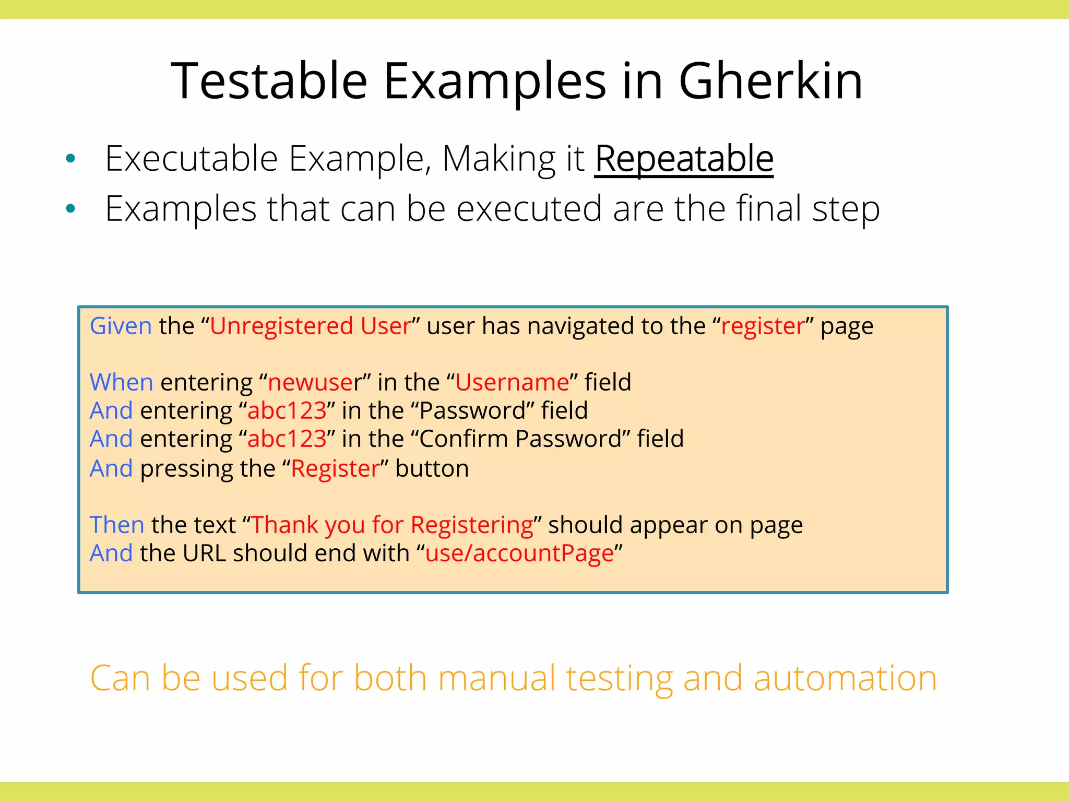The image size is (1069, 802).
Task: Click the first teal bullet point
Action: pyautogui.click(x=71, y=159)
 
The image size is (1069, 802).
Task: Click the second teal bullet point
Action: pyautogui.click(x=71, y=209)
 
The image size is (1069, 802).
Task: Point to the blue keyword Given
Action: pyautogui.click(x=121, y=326)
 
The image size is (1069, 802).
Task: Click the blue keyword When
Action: pyautogui.click(x=121, y=382)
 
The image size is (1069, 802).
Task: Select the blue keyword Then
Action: pyautogui.click(x=117, y=525)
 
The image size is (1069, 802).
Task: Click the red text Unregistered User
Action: pyautogui.click(x=311, y=326)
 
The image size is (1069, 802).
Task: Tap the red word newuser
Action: pyautogui.click(x=311, y=382)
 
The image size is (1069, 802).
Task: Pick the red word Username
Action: pyautogui.click(x=512, y=382)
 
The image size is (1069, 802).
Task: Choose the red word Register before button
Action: pyautogui.click(x=335, y=468)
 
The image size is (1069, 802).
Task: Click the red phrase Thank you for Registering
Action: pyautogui.click(x=393, y=525)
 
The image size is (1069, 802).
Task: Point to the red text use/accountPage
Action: pyautogui.click(x=519, y=553)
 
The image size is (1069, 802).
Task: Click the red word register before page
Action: pyautogui.click(x=763, y=326)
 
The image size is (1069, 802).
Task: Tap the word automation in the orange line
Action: pyautogui.click(x=845, y=678)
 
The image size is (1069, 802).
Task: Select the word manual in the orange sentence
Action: pyautogui.click(x=496, y=678)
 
